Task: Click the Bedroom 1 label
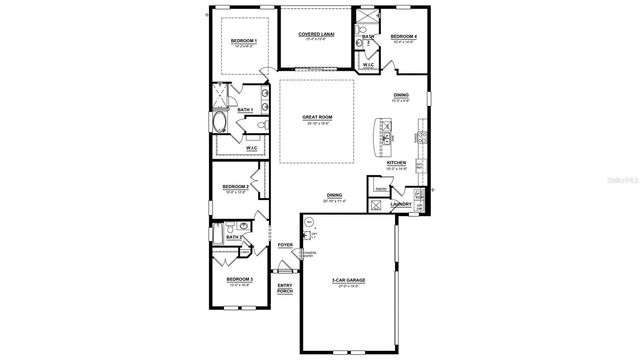[x=244, y=40]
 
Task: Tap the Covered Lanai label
[x=315, y=34]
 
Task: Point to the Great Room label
[x=317, y=116]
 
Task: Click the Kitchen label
[x=395, y=162]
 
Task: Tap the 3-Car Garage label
[x=349, y=281]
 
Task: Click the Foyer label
[x=284, y=244]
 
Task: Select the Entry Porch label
[x=284, y=289]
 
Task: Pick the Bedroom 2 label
[x=236, y=187]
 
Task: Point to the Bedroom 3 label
[x=239, y=279]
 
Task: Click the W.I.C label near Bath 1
[x=252, y=148]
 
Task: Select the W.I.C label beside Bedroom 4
[x=368, y=65]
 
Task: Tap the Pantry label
[x=381, y=189]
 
